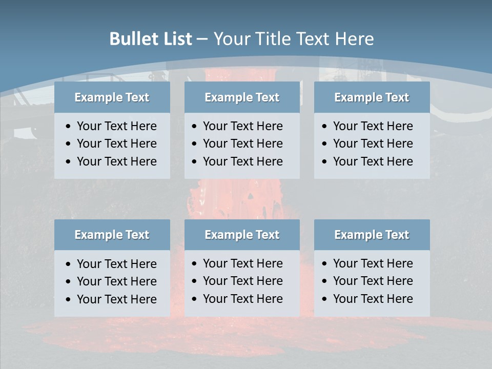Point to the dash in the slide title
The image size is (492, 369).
point(202,39)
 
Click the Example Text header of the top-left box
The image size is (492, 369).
point(112,97)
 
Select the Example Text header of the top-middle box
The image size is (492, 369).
point(242,97)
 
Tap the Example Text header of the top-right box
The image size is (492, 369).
point(372,97)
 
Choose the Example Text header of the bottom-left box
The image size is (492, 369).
point(112,235)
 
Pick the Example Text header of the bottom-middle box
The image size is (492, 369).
point(242,235)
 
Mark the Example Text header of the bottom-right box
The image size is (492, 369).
point(372,235)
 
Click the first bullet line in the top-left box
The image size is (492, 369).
point(116,126)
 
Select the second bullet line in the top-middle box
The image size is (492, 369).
point(242,143)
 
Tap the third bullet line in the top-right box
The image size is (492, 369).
point(373,161)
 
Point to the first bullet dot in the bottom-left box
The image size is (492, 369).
point(69,264)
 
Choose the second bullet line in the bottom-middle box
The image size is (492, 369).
point(242,281)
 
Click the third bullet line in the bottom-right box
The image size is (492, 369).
point(373,298)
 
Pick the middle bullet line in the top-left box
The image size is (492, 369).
point(116,143)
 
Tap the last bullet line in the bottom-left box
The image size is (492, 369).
point(116,299)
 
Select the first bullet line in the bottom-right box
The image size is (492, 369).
point(373,263)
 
